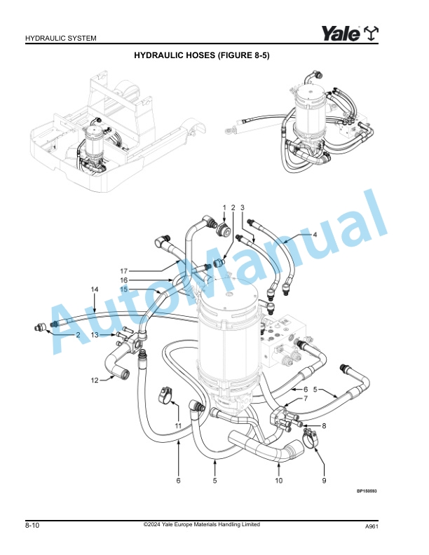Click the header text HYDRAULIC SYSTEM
coord(60,38)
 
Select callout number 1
coord(225,207)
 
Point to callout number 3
coord(242,207)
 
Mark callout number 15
coord(123,289)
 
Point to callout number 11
coord(178,425)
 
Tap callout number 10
coord(278,481)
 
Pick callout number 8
coord(325,425)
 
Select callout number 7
coord(305,399)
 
